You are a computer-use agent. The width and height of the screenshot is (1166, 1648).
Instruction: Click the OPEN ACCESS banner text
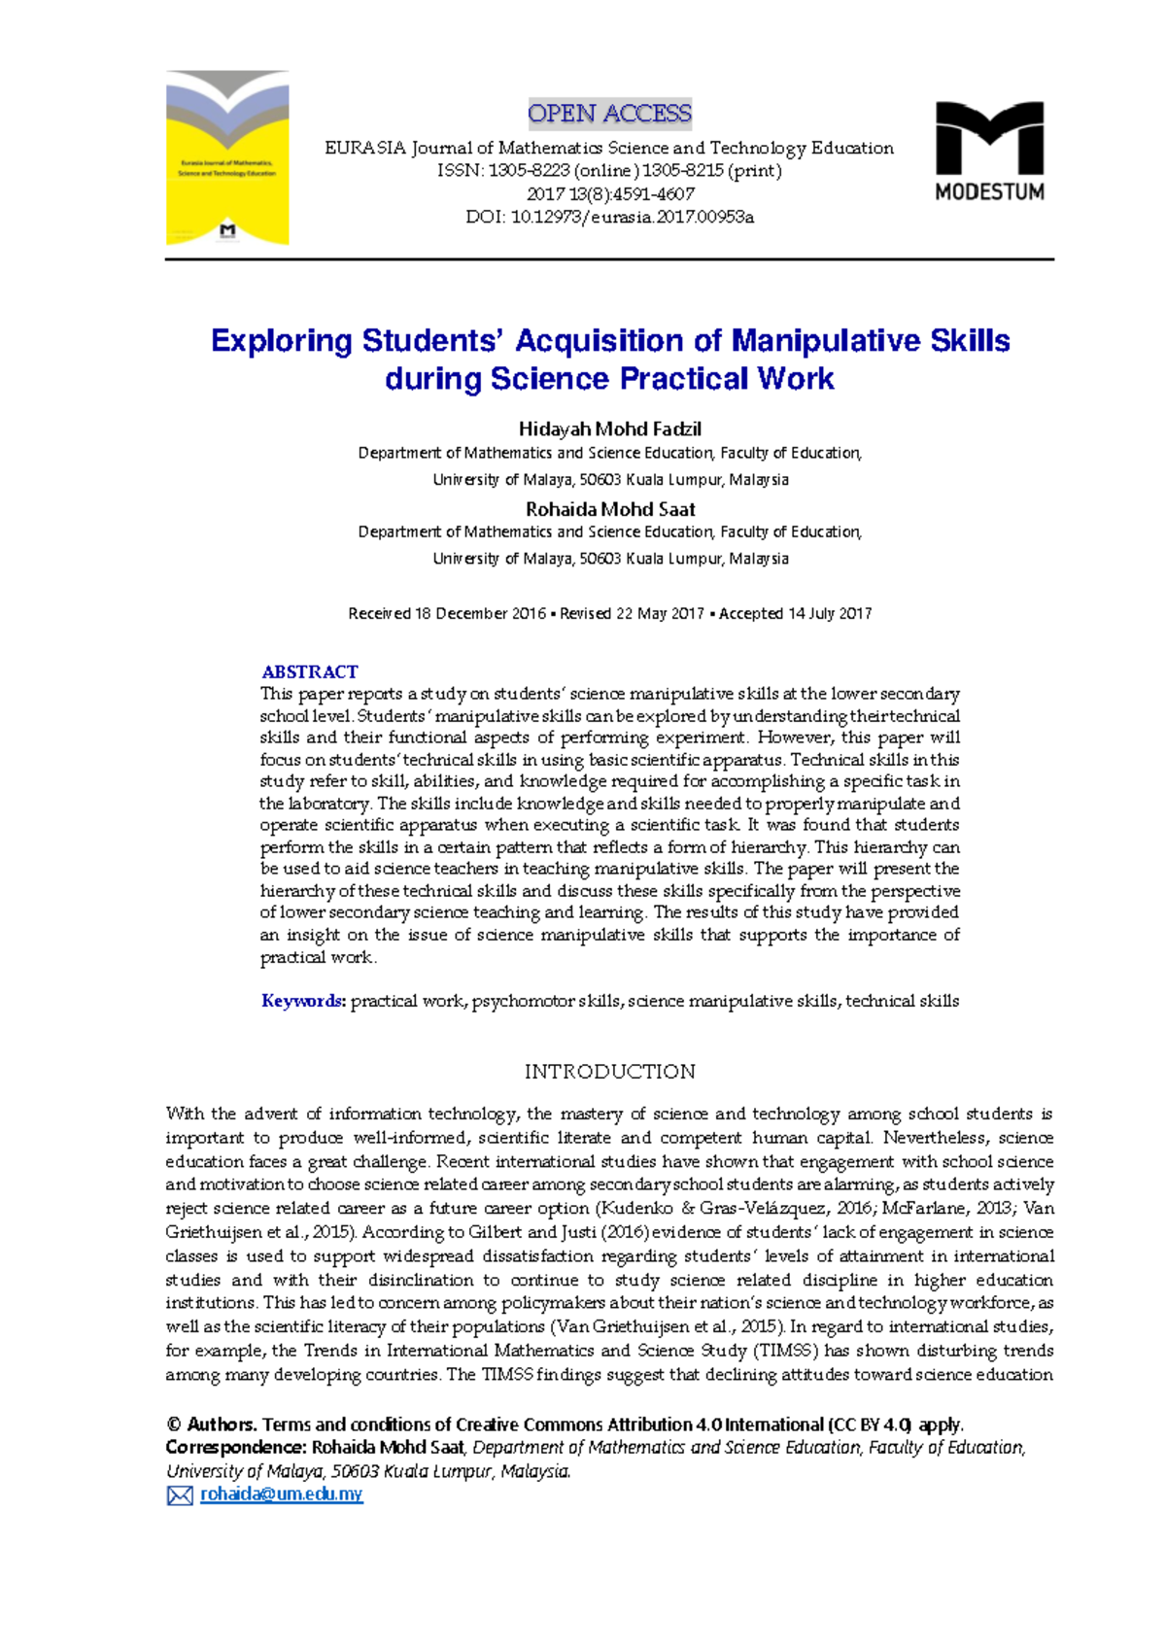tap(609, 114)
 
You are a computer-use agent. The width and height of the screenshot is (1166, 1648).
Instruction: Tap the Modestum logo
tap(989, 151)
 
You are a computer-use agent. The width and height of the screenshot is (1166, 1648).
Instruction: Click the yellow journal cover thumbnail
tap(227, 157)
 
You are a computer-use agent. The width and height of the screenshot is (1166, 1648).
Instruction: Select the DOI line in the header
tap(609, 217)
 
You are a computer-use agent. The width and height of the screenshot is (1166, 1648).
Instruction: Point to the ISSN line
tap(609, 171)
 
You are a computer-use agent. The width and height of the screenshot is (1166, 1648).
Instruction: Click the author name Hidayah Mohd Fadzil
tap(609, 429)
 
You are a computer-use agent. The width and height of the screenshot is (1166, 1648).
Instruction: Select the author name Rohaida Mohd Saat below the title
tap(609, 508)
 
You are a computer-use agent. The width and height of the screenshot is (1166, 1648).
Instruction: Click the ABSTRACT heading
tap(309, 671)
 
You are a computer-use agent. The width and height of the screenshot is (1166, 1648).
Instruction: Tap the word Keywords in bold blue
tap(303, 1001)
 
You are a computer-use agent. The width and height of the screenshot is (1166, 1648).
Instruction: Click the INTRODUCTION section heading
tap(609, 1071)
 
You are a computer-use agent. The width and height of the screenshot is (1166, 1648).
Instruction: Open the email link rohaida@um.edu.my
tap(281, 1494)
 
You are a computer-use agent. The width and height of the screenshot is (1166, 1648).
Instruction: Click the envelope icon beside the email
tap(180, 1495)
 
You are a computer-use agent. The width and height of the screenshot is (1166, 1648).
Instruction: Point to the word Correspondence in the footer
tap(235, 1448)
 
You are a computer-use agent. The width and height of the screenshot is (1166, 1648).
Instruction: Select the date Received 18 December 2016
tap(447, 613)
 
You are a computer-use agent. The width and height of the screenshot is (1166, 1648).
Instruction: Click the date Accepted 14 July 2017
tap(795, 613)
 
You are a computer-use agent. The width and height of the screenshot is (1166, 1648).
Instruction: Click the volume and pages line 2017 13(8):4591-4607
tap(609, 193)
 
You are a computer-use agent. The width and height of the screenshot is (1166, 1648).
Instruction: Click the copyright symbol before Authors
tap(174, 1425)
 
